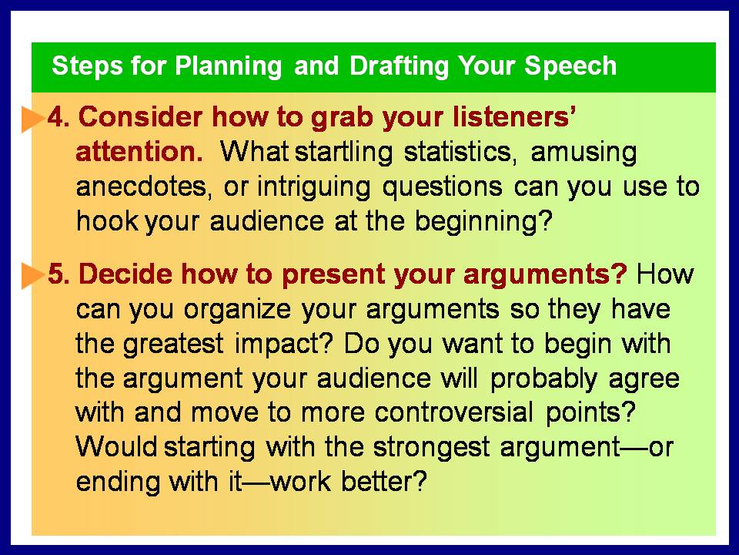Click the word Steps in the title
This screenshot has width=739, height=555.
[x=88, y=66]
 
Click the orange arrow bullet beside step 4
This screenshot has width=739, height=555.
[x=33, y=119]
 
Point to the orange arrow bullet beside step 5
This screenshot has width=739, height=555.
[x=33, y=276]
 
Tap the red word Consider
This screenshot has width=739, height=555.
[x=140, y=117]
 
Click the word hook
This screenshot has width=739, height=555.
[x=108, y=221]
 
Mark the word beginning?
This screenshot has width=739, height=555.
[x=483, y=222]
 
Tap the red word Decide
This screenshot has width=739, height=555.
[x=125, y=274]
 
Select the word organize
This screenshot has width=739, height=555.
[x=238, y=311]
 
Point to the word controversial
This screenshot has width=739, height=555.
[x=454, y=412]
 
